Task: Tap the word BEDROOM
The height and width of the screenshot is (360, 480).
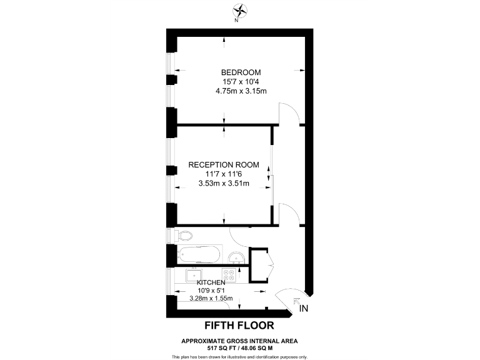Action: coord(241,72)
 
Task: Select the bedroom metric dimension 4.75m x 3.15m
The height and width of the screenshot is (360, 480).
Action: coord(241,91)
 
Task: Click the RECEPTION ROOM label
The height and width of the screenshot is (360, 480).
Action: coord(224,165)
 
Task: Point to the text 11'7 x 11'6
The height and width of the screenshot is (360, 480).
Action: coord(224,174)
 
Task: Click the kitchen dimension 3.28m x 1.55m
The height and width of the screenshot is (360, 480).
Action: coord(211,299)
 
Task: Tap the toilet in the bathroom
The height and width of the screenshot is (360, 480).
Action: coord(183,236)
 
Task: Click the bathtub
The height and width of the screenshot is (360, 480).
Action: coord(199,254)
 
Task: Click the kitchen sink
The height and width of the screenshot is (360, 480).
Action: coord(194,274)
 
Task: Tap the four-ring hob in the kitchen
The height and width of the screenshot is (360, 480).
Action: coord(229,274)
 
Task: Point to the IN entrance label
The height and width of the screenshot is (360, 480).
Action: coord(304,309)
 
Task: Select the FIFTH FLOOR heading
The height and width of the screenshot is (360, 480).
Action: coord(239,326)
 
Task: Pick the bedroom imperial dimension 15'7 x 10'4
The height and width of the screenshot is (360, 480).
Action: coord(241,82)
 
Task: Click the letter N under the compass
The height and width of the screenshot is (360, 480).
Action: coord(236,21)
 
